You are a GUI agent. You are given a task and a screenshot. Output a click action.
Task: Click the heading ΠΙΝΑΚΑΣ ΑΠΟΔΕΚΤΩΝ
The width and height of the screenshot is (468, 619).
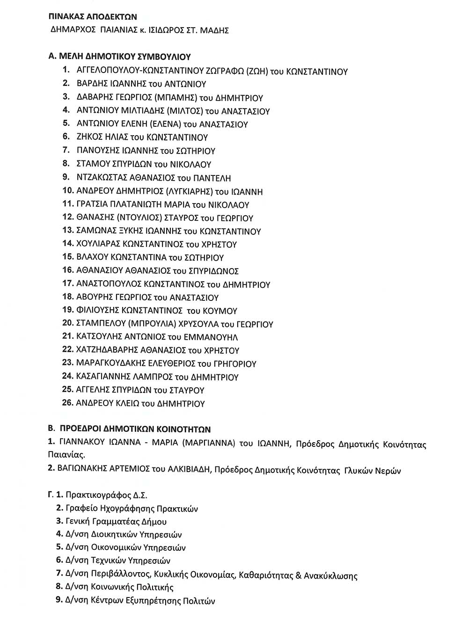93,17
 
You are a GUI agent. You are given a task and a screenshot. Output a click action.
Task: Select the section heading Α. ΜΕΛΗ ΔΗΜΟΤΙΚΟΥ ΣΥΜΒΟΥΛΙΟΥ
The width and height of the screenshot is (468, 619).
120,57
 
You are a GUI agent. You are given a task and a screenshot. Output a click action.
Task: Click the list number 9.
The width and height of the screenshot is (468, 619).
66,177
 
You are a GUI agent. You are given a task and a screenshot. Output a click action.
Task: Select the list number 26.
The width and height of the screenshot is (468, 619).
67,403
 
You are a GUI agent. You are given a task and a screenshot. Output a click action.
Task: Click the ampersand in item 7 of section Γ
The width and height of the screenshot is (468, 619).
298,575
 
